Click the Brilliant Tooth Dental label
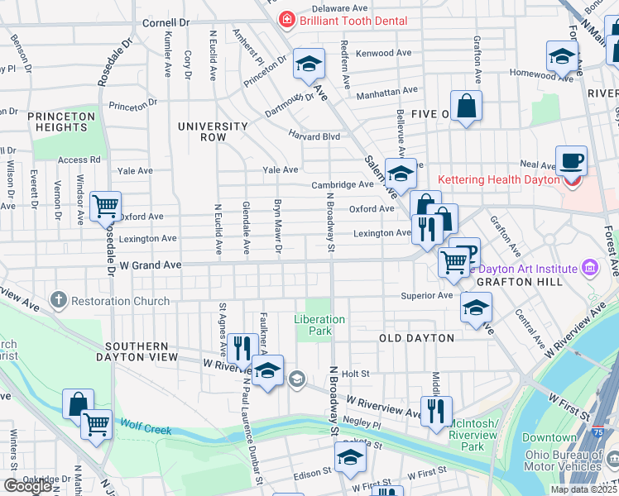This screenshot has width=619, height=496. [353, 20]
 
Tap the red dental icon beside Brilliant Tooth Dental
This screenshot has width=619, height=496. [286, 19]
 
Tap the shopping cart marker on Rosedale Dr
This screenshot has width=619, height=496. [105, 206]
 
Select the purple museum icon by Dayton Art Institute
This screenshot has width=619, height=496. [589, 267]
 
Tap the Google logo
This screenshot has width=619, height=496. [27, 486]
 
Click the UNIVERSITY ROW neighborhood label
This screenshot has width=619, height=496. [213, 131]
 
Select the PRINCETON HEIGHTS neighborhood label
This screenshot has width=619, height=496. [61, 122]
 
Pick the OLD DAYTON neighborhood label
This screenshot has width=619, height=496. [416, 338]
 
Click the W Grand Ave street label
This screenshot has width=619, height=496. [150, 265]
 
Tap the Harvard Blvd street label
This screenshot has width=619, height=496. [314, 136]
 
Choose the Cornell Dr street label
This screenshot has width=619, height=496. [166, 23]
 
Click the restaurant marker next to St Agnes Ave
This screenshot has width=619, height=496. [242, 346]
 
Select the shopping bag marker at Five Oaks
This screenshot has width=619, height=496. [466, 106]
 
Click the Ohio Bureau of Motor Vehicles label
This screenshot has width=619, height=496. [569, 454]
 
